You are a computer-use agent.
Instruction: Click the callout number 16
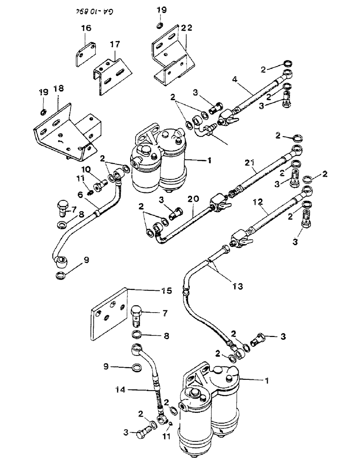[87, 29]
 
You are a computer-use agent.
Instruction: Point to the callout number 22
[173, 29]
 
